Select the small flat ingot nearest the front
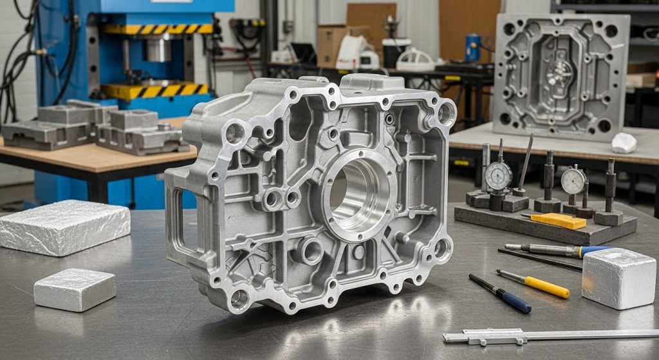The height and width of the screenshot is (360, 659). click(x=75, y=289)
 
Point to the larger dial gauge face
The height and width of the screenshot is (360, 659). click(x=498, y=175)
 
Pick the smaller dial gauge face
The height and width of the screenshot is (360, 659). click(x=572, y=181)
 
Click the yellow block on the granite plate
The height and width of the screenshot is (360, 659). click(x=559, y=221)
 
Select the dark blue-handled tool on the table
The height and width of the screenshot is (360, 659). click(x=500, y=294)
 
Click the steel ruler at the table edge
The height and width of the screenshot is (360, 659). click(x=547, y=335)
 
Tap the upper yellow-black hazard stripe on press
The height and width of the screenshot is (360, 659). click(x=158, y=29)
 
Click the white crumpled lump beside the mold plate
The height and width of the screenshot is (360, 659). click(x=624, y=143)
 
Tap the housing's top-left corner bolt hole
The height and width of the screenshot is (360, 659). click(x=235, y=133)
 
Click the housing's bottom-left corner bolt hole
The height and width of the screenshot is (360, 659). click(x=239, y=298)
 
